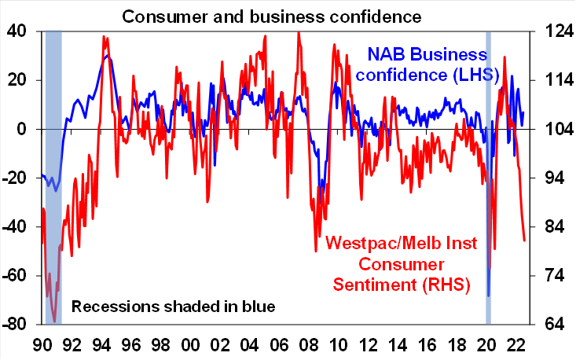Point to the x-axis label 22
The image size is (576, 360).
pos(516,344)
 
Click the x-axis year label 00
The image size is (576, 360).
pos(189,344)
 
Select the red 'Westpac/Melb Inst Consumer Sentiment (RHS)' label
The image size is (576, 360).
pos(397,263)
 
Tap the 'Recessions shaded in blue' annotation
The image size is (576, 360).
pos(174,305)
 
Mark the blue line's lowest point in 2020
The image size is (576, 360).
pos(489,296)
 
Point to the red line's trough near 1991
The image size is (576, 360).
pos(55,321)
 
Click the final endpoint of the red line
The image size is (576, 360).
pos(525,241)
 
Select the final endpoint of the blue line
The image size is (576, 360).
pos(523,112)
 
